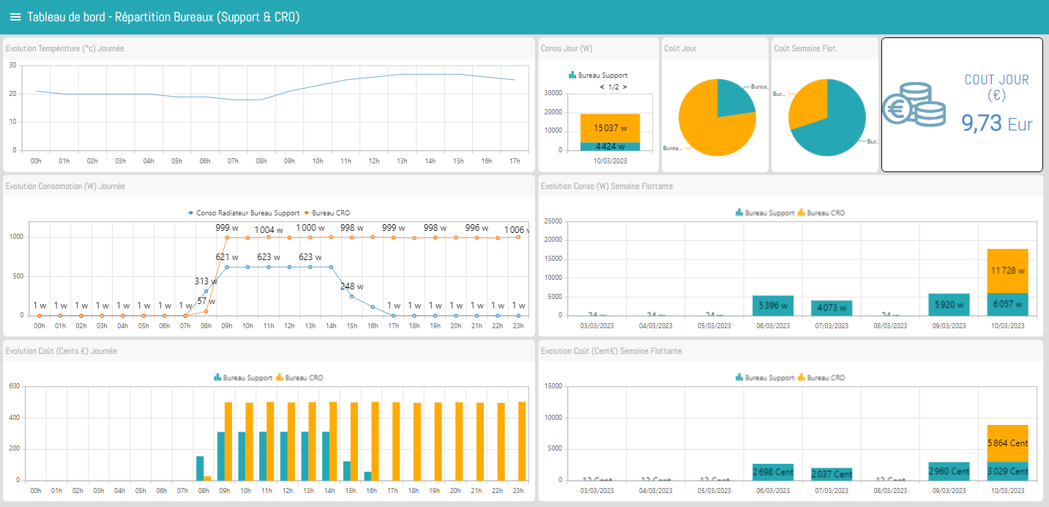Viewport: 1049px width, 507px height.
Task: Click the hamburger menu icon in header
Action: pyautogui.click(x=15, y=17)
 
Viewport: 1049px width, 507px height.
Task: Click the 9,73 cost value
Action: pyautogui.click(x=981, y=123)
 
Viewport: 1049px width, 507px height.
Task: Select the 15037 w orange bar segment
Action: pyautogui.click(x=610, y=127)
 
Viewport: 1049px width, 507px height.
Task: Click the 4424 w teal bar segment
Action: pyautogui.click(x=610, y=146)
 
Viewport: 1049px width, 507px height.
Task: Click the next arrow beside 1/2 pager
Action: pyautogui.click(x=624, y=87)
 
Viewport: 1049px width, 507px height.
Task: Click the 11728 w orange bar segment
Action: pyautogui.click(x=1007, y=271)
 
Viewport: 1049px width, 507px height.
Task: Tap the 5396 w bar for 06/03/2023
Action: pyautogui.click(x=773, y=306)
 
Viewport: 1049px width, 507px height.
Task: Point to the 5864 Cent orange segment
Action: pyautogui.click(x=1007, y=443)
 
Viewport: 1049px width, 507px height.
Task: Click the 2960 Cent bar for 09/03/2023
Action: pyautogui.click(x=949, y=470)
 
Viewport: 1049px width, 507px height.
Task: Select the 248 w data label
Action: pyautogui.click(x=352, y=286)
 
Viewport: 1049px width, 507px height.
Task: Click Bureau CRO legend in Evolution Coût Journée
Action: pyautogui.click(x=303, y=378)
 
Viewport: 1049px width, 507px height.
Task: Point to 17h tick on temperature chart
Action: pyautogui.click(x=515, y=160)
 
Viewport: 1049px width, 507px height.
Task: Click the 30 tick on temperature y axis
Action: pyautogui.click(x=12, y=65)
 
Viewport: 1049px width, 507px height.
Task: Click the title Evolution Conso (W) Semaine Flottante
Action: pyautogui.click(x=606, y=186)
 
